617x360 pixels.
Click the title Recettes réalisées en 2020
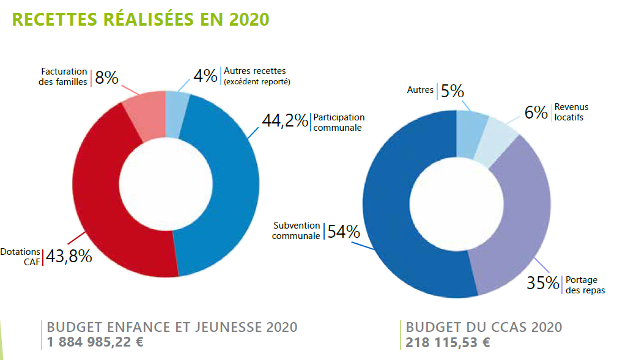click(x=140, y=19)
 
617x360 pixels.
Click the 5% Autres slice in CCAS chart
click(x=471, y=125)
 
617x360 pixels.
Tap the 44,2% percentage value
click(x=285, y=121)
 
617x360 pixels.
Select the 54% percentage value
click(x=344, y=232)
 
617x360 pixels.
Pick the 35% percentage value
click(x=544, y=283)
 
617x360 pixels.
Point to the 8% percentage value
click(x=106, y=78)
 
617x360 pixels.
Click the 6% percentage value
click(x=536, y=112)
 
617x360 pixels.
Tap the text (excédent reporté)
click(x=257, y=82)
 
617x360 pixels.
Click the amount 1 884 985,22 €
click(x=95, y=342)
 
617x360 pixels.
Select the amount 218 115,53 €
click(x=448, y=342)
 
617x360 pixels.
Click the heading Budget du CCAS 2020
click(x=484, y=327)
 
